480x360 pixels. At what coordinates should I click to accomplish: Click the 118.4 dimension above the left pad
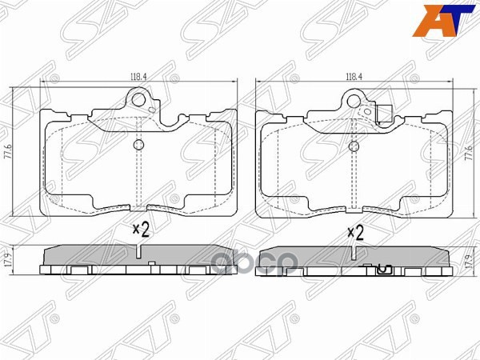138,77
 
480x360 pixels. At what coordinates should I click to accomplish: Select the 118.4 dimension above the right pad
354,77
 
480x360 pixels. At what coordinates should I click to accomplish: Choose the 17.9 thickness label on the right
467,259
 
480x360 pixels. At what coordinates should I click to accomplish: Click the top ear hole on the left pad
144,102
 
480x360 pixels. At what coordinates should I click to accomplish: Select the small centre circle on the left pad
138,145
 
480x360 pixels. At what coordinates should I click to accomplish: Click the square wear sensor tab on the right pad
386,114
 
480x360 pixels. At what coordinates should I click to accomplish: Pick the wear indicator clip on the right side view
382,269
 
